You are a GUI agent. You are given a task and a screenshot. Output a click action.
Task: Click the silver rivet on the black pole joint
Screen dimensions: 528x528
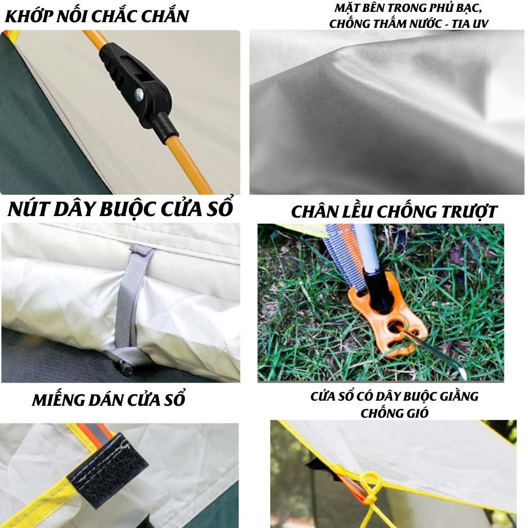(x=139, y=95)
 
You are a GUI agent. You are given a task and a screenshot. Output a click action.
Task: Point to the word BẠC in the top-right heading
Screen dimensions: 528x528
(x=469, y=8)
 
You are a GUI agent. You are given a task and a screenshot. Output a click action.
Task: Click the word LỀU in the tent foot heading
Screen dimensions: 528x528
(x=357, y=211)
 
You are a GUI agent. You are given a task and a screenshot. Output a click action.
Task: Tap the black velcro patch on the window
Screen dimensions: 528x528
(x=108, y=470)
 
